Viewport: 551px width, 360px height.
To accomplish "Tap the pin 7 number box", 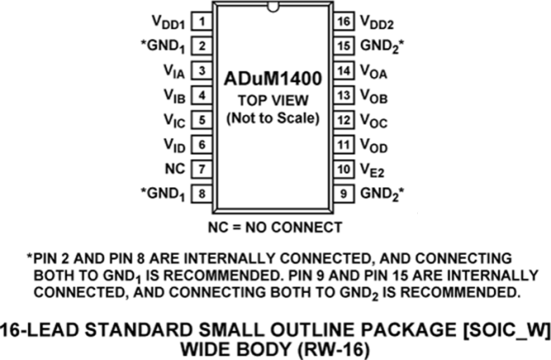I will pos(202,168).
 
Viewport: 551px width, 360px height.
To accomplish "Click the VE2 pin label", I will pos(372,169).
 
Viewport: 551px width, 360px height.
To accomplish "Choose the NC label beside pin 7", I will pos(175,168).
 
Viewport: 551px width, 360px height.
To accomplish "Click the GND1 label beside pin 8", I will pos(167,193).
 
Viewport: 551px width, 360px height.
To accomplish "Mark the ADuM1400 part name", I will pos(272,81).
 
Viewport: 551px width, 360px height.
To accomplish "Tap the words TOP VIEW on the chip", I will pos(272,101).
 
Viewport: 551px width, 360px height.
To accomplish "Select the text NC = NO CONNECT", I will pos(274,227).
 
